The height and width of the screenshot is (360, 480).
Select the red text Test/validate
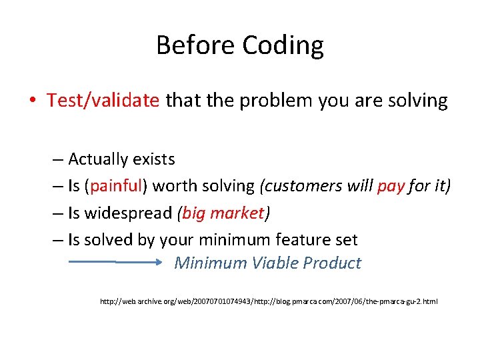pos(103,101)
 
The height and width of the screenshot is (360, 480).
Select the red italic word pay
pos(391,186)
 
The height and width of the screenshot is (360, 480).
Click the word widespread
pos(128,213)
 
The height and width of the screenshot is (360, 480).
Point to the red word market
pos(237,213)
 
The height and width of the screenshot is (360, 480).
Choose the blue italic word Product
pos(331,263)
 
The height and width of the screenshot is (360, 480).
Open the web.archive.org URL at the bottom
pos(269,302)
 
